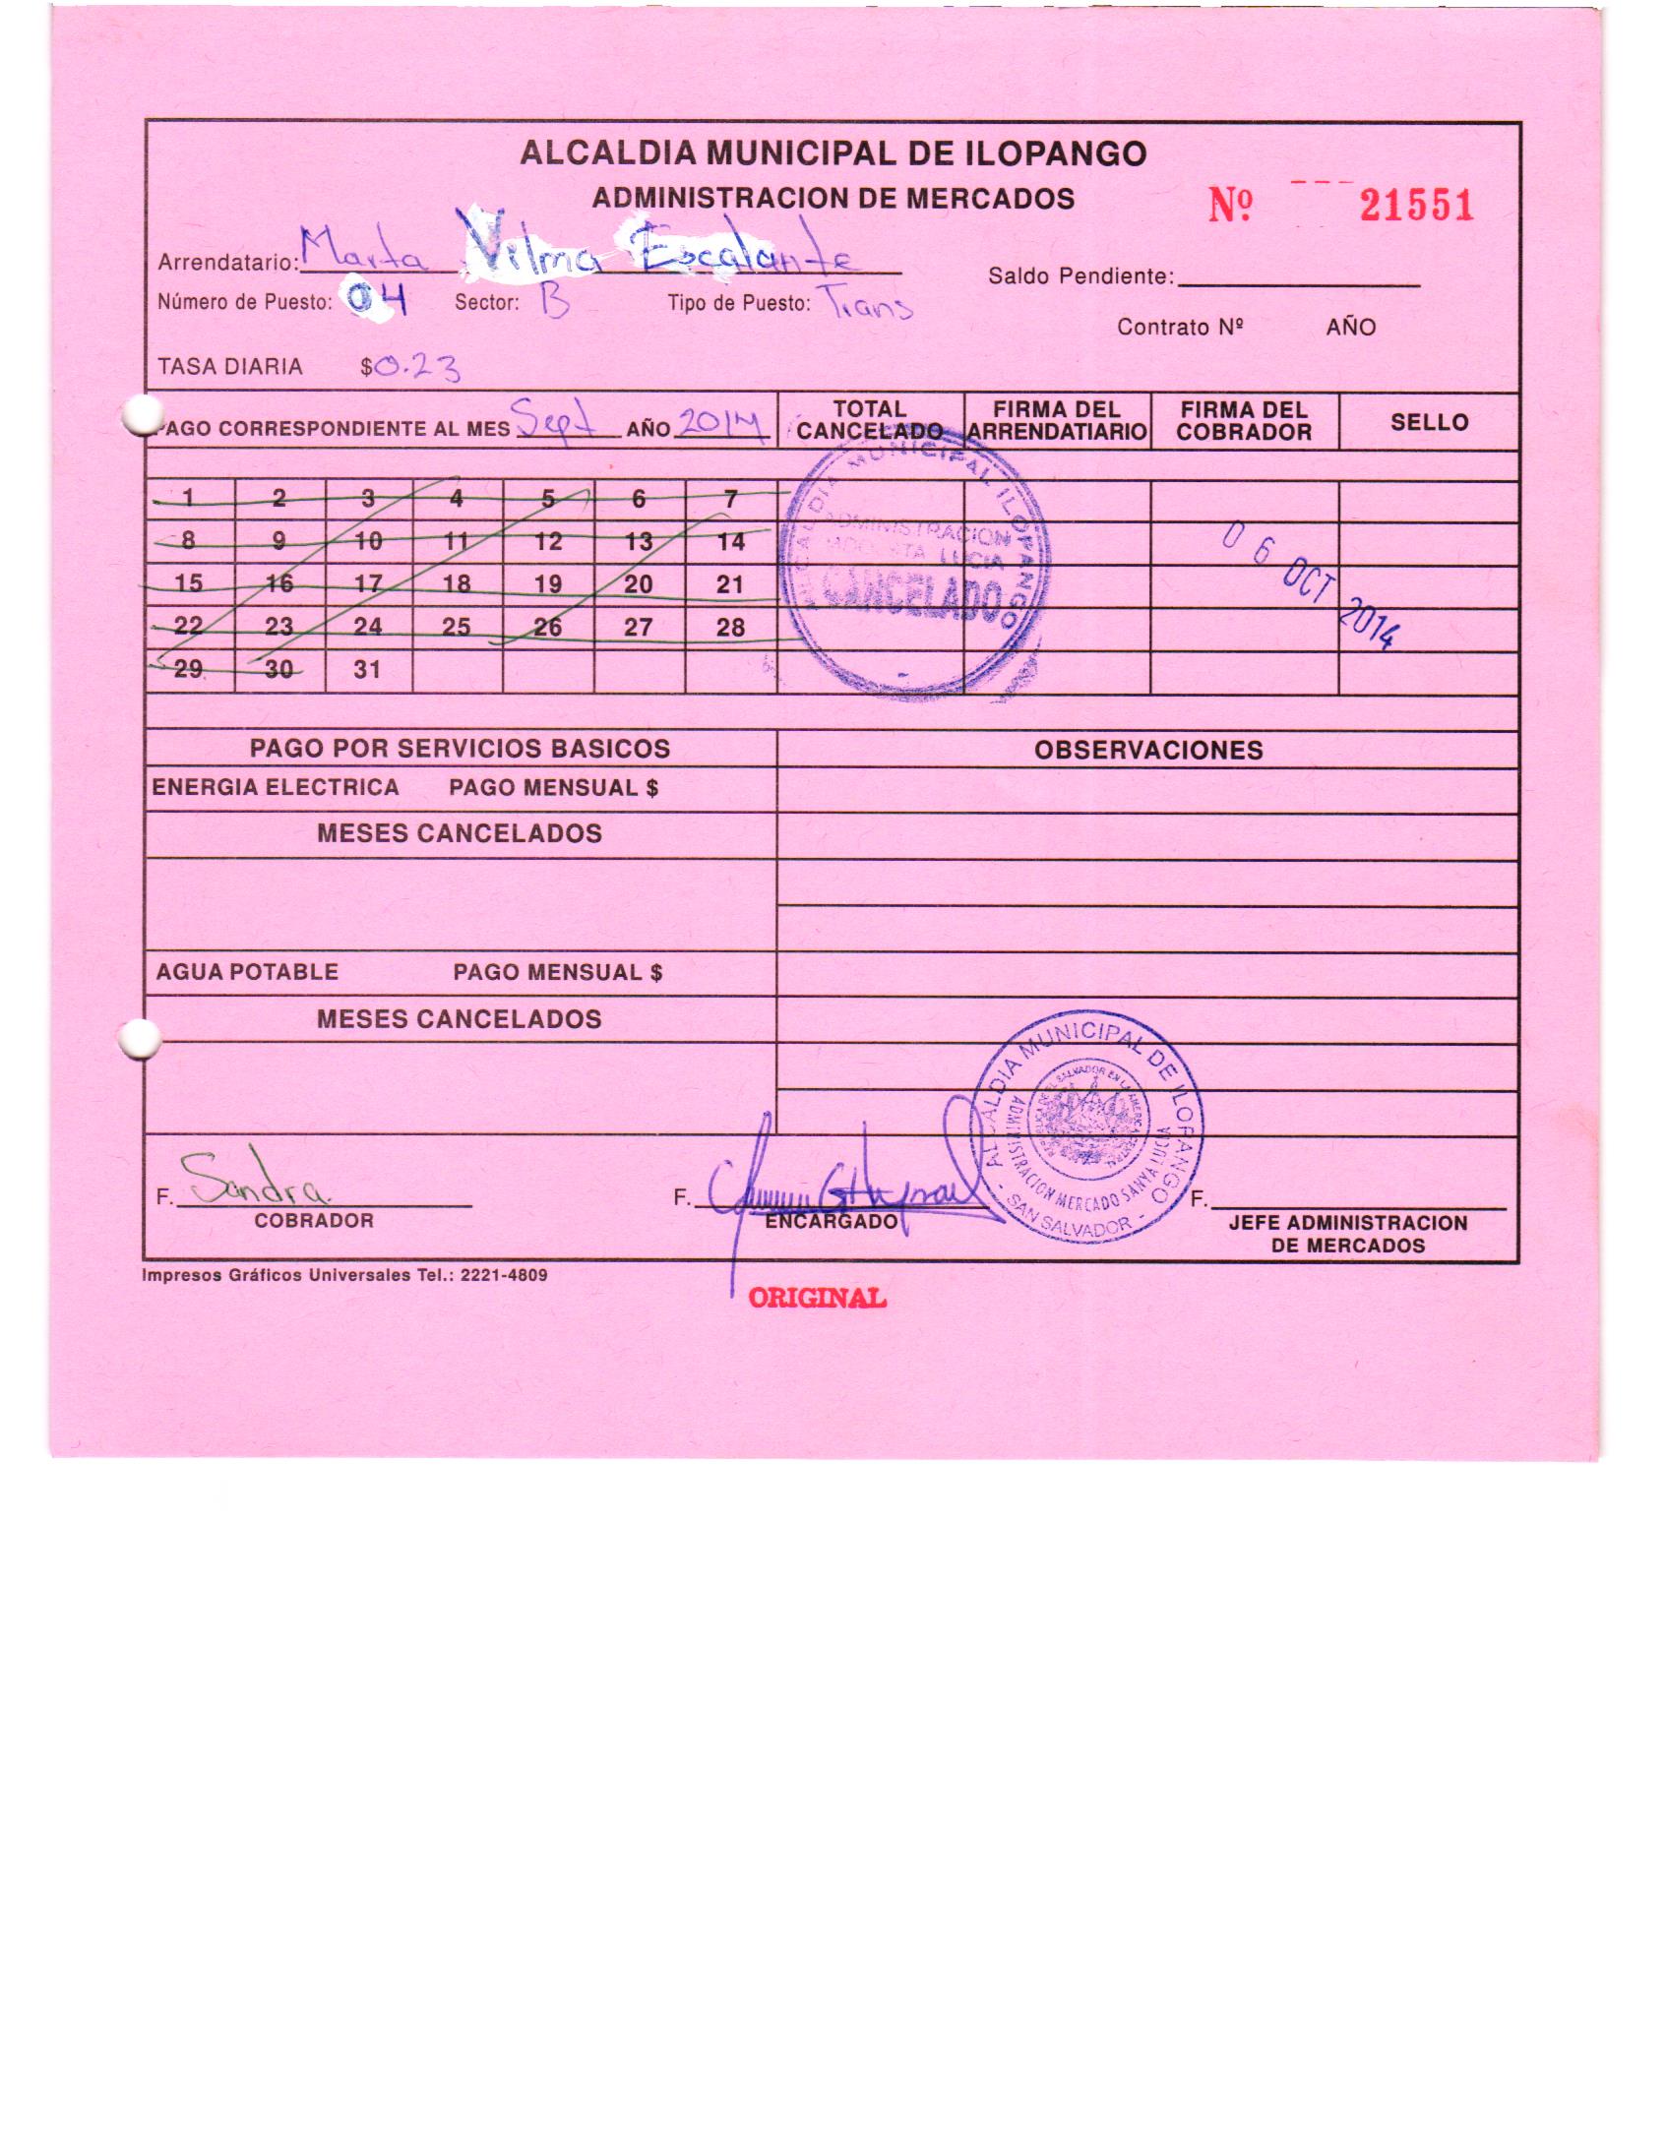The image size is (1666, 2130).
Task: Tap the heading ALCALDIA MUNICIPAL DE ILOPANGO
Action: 833,153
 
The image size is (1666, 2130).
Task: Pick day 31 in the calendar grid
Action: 367,670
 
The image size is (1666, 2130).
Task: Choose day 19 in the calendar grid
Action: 548,584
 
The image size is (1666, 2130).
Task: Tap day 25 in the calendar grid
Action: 457,627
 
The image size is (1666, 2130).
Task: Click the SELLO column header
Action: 1429,422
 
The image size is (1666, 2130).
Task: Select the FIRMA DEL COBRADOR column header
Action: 1244,421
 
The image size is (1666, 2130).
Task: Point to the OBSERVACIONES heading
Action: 1147,751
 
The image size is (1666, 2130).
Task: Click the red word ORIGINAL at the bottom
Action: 817,1299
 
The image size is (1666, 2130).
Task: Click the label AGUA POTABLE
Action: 247,972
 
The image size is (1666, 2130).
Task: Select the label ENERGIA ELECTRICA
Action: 276,787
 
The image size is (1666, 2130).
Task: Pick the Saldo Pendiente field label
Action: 1080,276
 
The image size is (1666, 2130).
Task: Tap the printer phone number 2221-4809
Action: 504,1275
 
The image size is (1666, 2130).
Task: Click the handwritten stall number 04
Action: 375,301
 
